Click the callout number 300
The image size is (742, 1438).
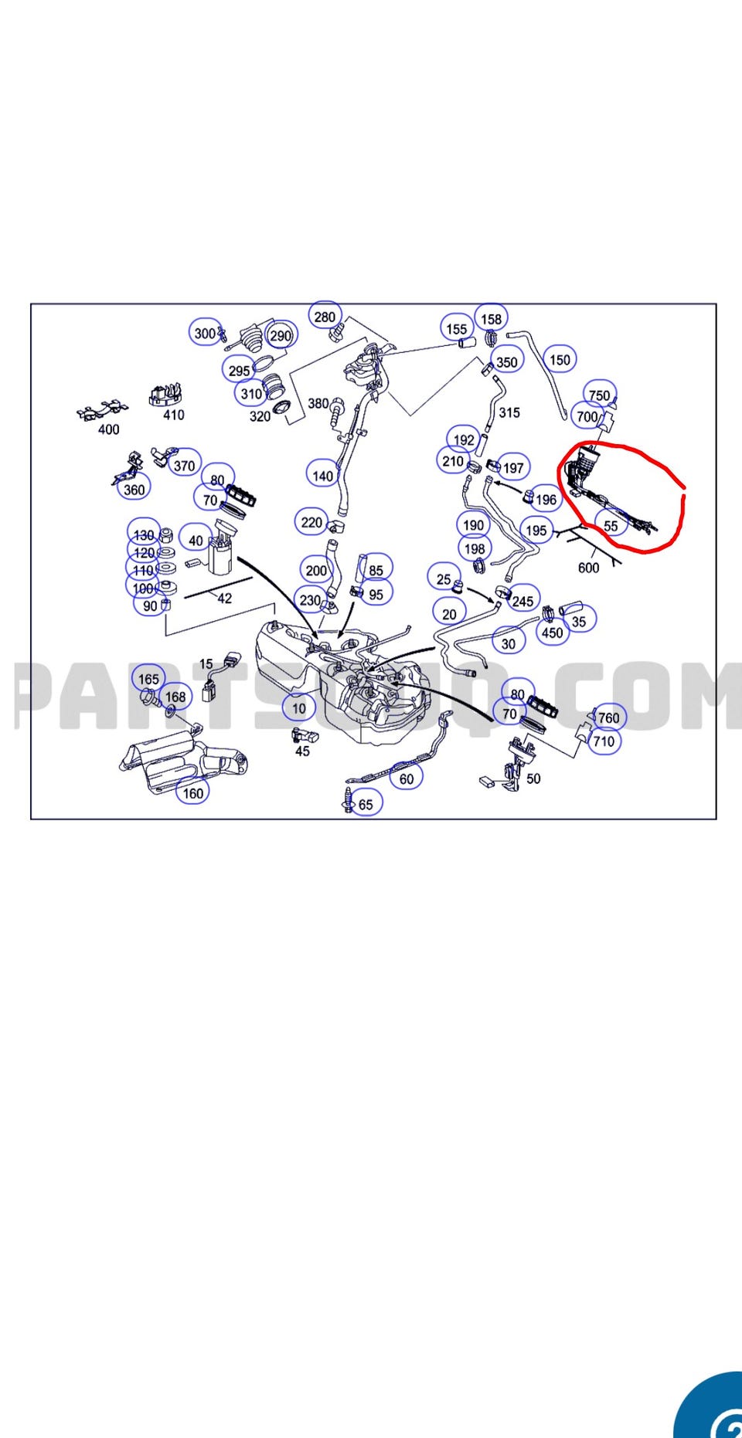coord(205,333)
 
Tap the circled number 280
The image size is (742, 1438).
coord(325,317)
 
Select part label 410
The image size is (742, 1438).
coord(174,415)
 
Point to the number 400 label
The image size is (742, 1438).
coord(109,429)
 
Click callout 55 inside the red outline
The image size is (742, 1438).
coord(611,526)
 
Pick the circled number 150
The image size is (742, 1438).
coord(560,359)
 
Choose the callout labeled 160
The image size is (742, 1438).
coord(192,792)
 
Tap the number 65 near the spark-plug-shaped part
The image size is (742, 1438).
coord(366,804)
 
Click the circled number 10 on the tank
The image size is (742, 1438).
coord(299,707)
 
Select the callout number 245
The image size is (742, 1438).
coord(522,601)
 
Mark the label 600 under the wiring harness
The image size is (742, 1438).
coord(588,568)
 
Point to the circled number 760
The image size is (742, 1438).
coord(609,717)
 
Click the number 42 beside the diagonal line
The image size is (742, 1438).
coord(225,598)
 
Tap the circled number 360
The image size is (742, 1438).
coord(134,489)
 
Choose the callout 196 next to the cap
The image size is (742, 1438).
coord(546,499)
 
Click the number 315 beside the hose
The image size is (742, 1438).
coord(509,412)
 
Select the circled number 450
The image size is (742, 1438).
coord(552,633)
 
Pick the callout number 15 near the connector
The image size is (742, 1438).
coord(206,663)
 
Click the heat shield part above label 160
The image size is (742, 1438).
coord(182,761)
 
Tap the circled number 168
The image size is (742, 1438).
coord(175,697)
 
